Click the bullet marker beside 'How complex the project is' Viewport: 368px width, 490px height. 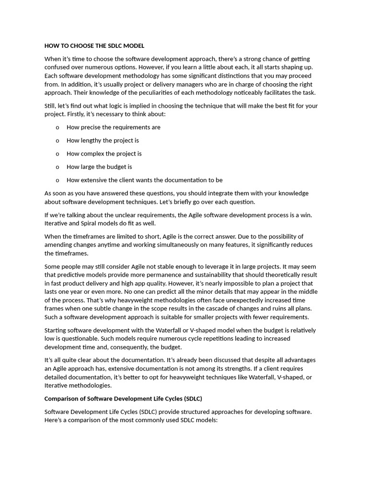[57, 154]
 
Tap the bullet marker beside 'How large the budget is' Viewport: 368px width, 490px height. [57, 167]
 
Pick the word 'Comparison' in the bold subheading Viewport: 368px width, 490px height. [62, 399]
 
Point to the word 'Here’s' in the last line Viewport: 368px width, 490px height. [54, 420]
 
